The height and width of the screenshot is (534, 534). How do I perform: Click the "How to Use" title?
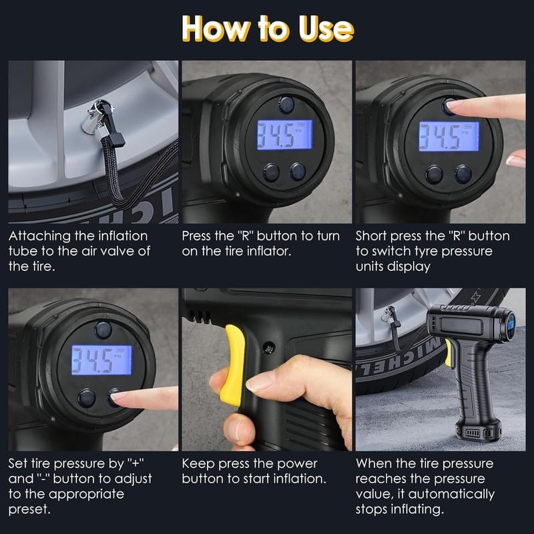267,28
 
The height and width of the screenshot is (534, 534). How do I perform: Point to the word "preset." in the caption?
31,510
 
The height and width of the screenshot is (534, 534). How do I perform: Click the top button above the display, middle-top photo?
286,104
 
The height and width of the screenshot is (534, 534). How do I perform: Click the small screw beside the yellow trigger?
269,348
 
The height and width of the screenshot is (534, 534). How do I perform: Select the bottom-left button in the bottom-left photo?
86,398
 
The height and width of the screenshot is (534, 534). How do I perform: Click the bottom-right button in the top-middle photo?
298,172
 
